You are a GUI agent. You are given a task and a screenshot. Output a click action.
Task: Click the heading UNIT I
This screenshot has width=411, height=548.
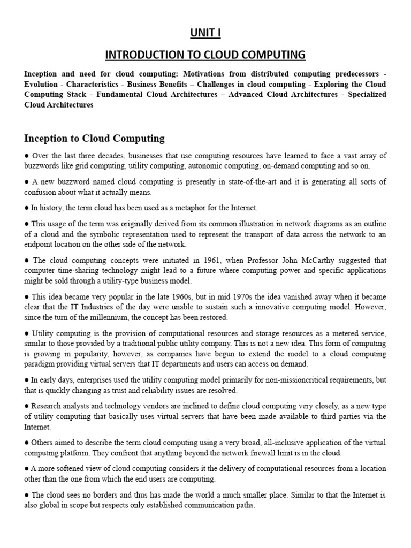(x=205, y=33)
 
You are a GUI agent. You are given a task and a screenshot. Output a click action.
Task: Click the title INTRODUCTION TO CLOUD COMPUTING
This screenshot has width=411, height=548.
(x=205, y=55)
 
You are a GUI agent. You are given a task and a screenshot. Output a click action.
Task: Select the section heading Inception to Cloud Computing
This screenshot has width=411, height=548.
(x=94, y=139)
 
